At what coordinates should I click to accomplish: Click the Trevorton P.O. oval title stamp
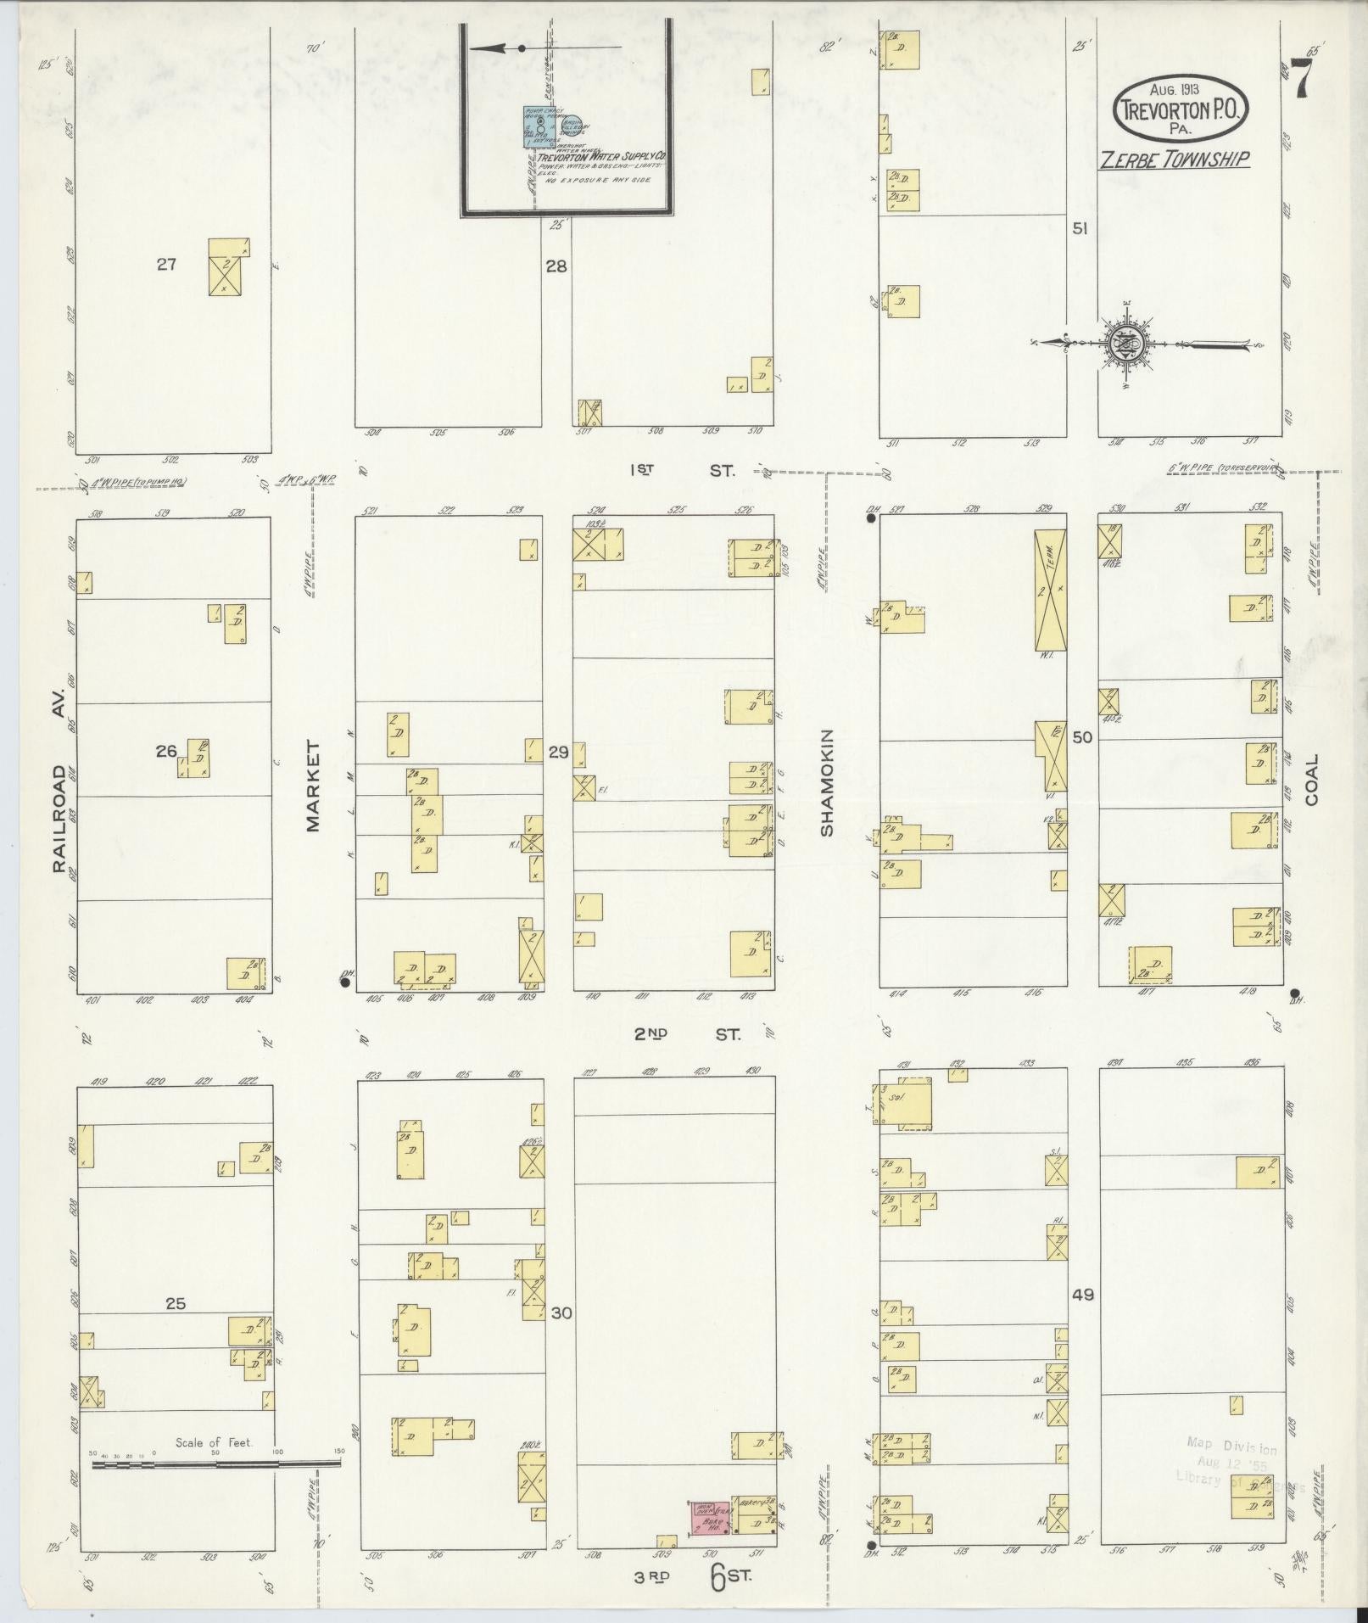point(1181,107)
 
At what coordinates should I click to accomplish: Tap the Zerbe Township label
point(1174,160)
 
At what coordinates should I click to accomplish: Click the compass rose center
point(1127,344)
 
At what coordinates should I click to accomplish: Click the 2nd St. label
point(687,1034)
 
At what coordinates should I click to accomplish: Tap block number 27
point(166,264)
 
